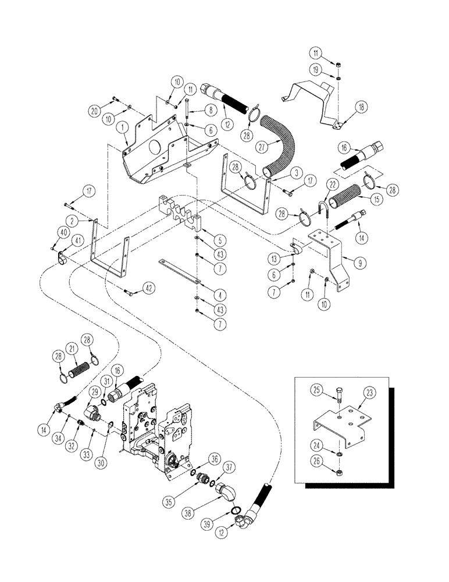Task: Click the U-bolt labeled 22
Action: [x=323, y=207]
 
